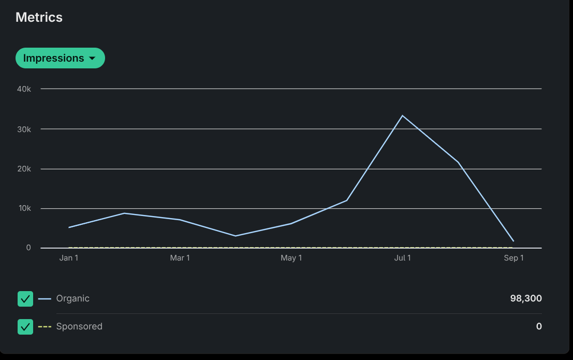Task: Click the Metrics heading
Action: pyautogui.click(x=39, y=17)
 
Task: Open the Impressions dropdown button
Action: pyautogui.click(x=60, y=58)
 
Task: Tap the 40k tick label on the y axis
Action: pyautogui.click(x=24, y=89)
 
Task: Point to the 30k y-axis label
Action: pyautogui.click(x=24, y=129)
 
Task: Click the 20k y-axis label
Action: pyautogui.click(x=24, y=169)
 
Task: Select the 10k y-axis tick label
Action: pyautogui.click(x=24, y=208)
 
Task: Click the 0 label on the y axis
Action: pyautogui.click(x=28, y=248)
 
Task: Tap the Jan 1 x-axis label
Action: pyautogui.click(x=69, y=258)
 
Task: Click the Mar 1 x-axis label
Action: pyautogui.click(x=180, y=258)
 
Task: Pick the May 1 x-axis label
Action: pyautogui.click(x=291, y=258)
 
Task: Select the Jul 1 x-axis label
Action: pyautogui.click(x=402, y=258)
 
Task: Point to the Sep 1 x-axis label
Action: pyautogui.click(x=513, y=258)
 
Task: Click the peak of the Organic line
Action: pyautogui.click(x=402, y=116)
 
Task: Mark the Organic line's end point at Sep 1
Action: pyautogui.click(x=513, y=241)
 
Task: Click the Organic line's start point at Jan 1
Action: pyautogui.click(x=69, y=227)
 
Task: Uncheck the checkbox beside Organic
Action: pyautogui.click(x=25, y=299)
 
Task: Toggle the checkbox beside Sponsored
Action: pyautogui.click(x=25, y=327)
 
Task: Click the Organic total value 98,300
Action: pyautogui.click(x=525, y=298)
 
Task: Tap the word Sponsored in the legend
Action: pyautogui.click(x=79, y=326)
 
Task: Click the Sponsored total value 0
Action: pyautogui.click(x=539, y=326)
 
